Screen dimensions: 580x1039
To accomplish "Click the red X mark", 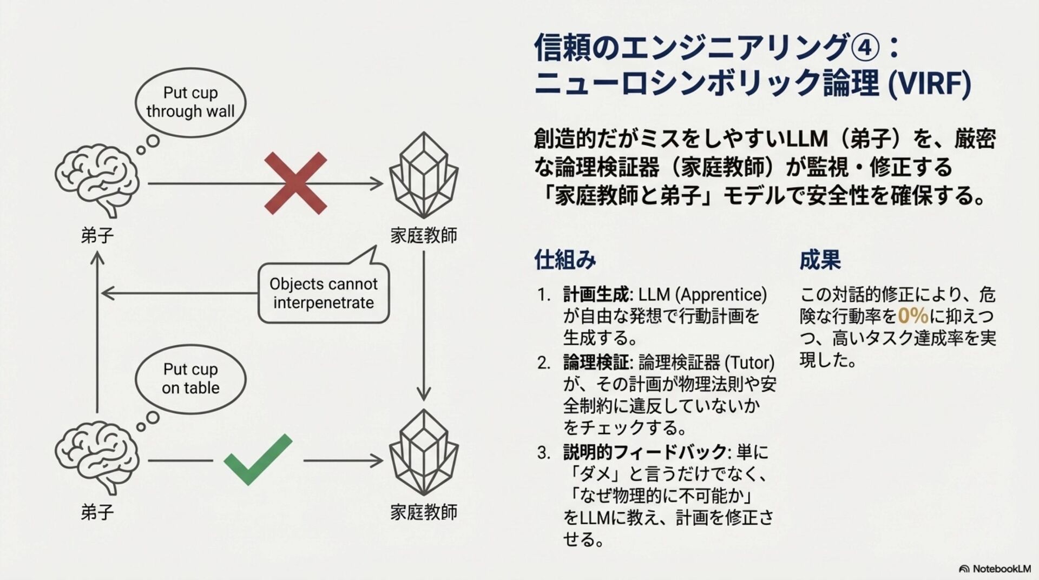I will point(295,183).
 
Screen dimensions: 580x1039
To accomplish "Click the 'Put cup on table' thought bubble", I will point(190,378).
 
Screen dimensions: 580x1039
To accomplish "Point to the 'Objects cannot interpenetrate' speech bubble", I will point(324,293).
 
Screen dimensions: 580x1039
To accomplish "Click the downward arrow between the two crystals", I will point(424,325).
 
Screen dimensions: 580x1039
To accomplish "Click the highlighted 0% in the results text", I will point(913,316).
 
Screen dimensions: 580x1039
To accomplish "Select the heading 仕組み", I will point(565,260).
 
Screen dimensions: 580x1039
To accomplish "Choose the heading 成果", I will point(820,260).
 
